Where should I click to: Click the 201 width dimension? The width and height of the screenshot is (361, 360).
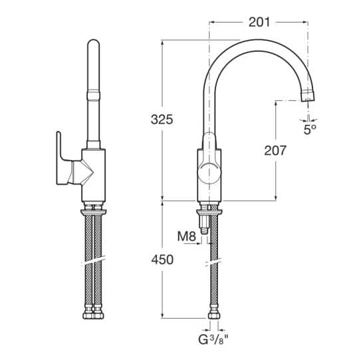tap(259, 23)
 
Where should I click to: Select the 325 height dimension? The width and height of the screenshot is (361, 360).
tap(162, 120)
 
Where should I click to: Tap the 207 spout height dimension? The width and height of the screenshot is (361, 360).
tap(275, 150)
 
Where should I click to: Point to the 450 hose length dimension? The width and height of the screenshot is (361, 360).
tap(162, 260)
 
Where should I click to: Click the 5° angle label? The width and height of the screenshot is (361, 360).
tap(310, 130)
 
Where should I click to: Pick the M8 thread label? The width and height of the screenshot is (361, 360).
tap(187, 236)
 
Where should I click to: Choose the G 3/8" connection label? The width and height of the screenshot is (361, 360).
tap(213, 339)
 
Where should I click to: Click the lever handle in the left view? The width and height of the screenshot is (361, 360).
tap(64, 158)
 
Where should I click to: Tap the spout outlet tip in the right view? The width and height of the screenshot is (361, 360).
tap(308, 96)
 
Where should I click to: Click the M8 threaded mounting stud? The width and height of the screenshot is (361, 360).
tap(204, 223)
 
